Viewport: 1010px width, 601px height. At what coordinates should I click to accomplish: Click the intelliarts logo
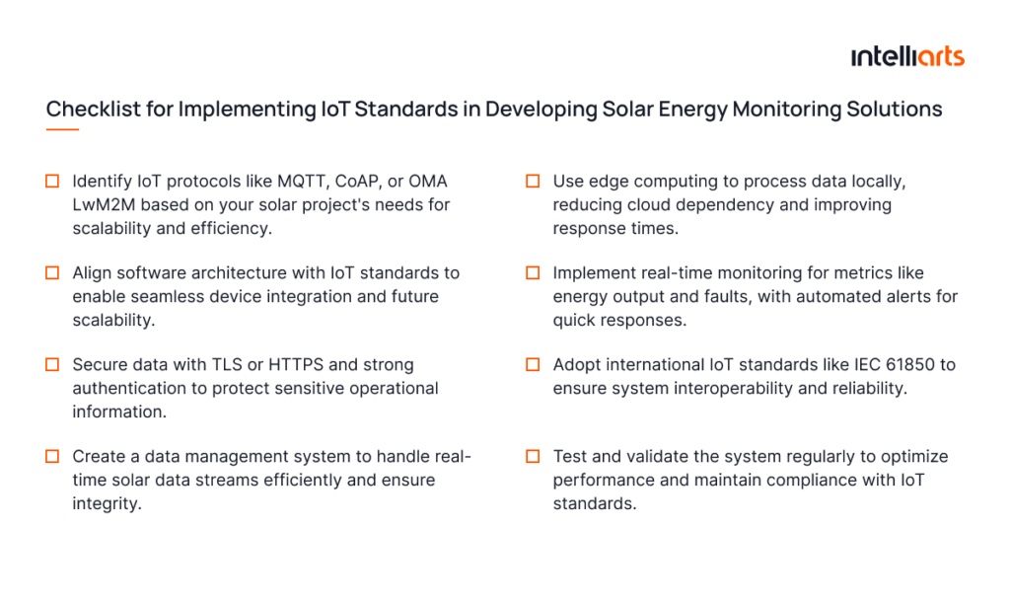907,56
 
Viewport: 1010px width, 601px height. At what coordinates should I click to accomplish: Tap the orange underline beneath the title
62,129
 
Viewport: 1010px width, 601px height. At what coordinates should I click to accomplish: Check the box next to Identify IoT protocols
52,182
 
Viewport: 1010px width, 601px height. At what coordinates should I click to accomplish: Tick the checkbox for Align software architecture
52,272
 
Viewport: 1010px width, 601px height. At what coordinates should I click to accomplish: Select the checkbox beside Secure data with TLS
52,364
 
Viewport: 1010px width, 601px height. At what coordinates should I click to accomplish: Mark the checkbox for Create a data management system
52,456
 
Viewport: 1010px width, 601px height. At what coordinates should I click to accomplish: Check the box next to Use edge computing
533,182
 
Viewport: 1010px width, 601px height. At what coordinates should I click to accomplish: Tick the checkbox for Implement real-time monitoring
533,272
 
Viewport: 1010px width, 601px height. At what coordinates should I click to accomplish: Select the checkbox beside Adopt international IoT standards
533,364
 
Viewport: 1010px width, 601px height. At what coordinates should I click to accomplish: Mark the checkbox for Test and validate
533,456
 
